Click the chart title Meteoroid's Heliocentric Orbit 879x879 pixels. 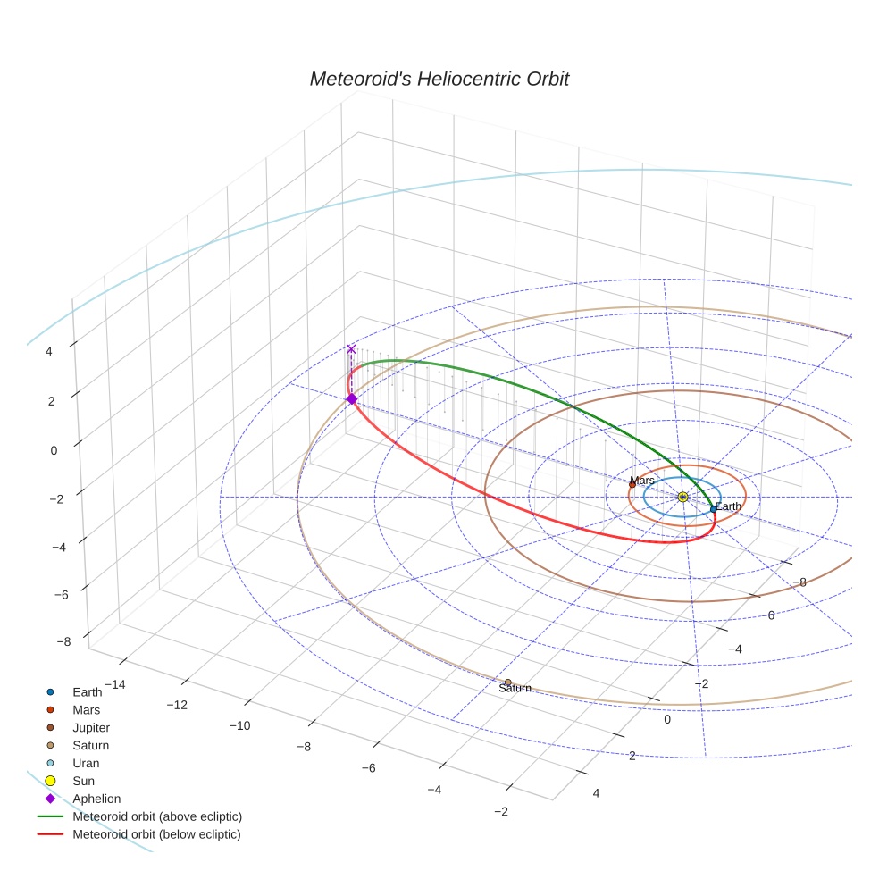click(x=439, y=80)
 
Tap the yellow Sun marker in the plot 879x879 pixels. click(x=682, y=497)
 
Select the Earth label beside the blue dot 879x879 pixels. click(x=728, y=507)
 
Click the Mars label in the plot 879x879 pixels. click(x=641, y=481)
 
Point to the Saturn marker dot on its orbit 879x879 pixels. click(x=508, y=682)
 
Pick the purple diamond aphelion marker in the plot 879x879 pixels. click(x=352, y=398)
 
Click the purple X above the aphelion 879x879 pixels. click(x=351, y=349)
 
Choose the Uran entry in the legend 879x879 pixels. click(x=86, y=763)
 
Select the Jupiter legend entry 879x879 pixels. click(x=91, y=727)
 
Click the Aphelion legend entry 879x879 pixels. click(x=96, y=799)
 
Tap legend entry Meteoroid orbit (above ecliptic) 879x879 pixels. click(x=157, y=816)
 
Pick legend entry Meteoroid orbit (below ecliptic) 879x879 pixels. click(x=156, y=834)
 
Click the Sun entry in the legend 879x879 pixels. click(x=84, y=781)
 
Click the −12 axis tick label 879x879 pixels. click(x=177, y=705)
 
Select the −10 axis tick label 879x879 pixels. click(x=239, y=725)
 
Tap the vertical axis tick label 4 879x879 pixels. click(x=49, y=352)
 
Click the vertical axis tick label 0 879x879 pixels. click(x=54, y=450)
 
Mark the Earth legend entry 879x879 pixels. click(x=87, y=691)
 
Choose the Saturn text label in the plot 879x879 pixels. click(x=515, y=689)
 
